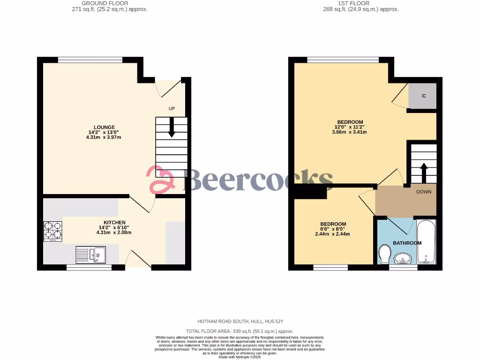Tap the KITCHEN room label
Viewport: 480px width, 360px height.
tap(114, 222)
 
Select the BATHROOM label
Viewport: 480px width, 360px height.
tap(407, 243)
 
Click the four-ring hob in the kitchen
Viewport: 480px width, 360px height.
tap(53, 231)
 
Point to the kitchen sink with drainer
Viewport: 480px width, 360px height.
tap(90, 255)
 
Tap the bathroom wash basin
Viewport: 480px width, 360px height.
tap(403, 258)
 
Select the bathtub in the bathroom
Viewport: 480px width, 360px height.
tap(426, 241)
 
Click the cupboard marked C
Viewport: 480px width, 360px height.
tap(423, 96)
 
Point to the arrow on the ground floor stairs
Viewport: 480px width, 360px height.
tap(172, 127)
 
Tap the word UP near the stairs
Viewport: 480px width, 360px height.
tap(172, 109)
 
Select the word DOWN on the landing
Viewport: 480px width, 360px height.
tap(423, 192)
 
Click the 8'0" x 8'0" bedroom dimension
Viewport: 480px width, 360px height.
tap(333, 229)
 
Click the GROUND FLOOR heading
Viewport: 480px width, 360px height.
tap(105, 3)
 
